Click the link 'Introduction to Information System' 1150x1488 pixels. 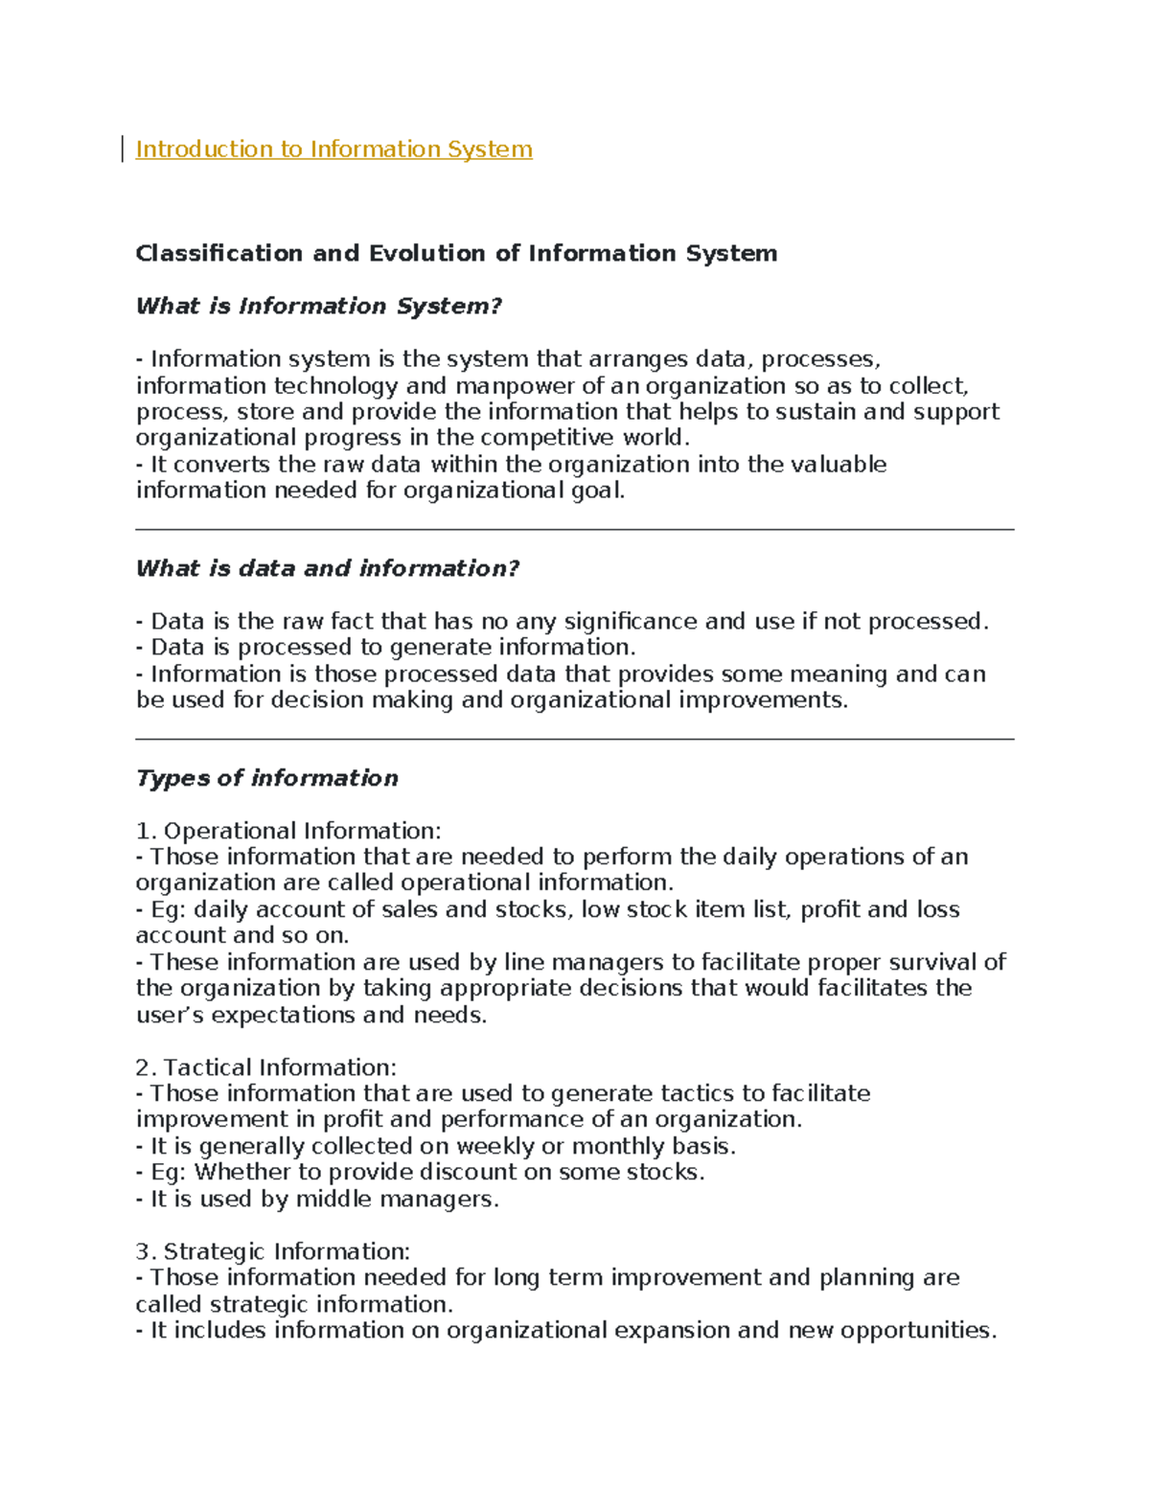point(333,149)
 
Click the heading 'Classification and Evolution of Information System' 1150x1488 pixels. point(456,254)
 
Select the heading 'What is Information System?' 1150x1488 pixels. point(318,307)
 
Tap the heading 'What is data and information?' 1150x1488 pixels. point(327,569)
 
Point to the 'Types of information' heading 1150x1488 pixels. point(266,778)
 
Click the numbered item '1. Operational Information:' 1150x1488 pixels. point(287,831)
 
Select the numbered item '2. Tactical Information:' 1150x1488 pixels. point(265,1067)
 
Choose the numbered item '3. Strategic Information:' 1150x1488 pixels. point(272,1251)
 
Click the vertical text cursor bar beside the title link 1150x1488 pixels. point(123,149)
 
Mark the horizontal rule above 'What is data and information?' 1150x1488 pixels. point(574,529)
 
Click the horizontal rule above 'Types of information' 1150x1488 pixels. point(574,740)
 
